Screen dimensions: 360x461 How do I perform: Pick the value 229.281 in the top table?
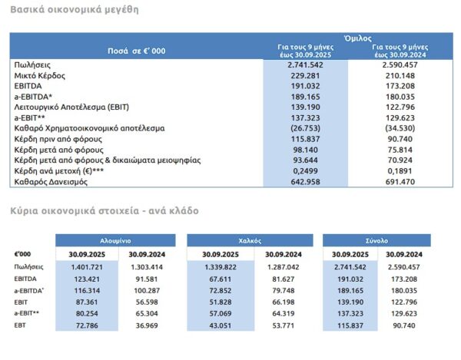(x=305, y=77)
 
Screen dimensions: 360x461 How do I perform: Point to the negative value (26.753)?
(x=305, y=129)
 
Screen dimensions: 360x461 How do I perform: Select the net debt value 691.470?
(x=399, y=182)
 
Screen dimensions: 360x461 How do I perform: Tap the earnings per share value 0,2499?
(x=305, y=171)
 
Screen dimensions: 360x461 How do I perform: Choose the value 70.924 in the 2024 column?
(x=399, y=160)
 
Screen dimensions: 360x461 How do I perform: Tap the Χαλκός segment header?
(x=250, y=239)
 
